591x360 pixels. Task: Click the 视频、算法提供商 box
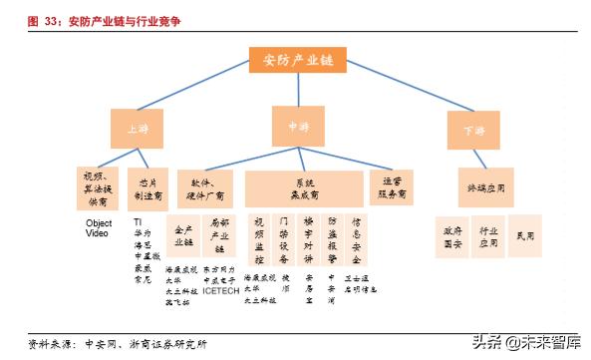98,186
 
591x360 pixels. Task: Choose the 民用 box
525,236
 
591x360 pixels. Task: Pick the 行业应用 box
488,236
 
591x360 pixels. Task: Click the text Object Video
98,228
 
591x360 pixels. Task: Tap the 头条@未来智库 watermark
527,343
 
